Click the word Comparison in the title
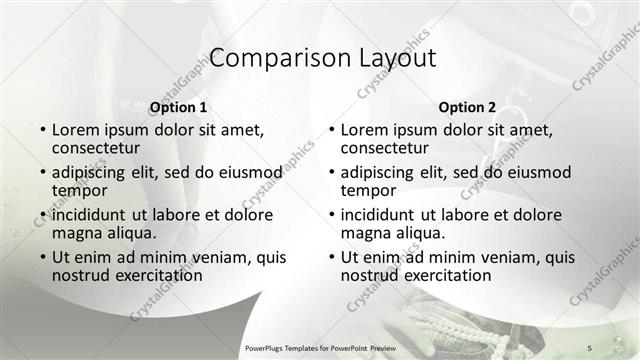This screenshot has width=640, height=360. click(x=266, y=58)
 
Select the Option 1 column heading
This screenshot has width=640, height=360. click(x=178, y=107)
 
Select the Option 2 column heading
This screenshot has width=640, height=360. click(x=467, y=107)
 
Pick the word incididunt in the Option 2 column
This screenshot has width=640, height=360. click(x=379, y=215)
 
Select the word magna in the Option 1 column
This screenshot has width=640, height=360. click(x=78, y=233)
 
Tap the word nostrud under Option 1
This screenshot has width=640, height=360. click(x=83, y=275)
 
